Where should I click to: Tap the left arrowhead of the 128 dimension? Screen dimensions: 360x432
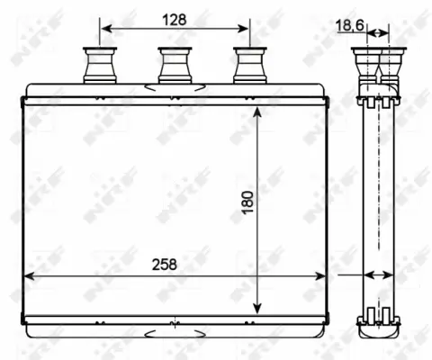(x=104, y=31)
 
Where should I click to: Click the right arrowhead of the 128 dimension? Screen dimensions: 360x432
(x=242, y=31)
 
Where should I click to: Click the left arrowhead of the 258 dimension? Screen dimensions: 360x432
(x=28, y=276)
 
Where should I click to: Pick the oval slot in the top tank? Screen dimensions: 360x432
(x=174, y=87)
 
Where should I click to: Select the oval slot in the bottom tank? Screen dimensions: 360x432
(x=174, y=331)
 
